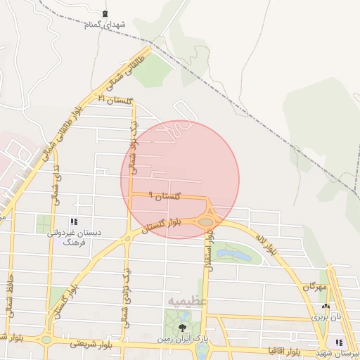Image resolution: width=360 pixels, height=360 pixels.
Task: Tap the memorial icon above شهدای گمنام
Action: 105,13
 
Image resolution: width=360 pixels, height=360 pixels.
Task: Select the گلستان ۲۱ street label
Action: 115,100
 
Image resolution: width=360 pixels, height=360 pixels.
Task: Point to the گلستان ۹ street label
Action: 165,196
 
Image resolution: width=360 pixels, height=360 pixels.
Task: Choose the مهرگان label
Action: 316,287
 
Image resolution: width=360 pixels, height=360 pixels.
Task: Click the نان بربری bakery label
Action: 326,318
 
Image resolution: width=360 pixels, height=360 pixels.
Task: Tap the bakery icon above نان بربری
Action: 325,307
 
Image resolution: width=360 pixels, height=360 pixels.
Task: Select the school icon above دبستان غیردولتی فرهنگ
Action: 74,222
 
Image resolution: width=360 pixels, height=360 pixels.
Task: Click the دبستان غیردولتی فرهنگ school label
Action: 74,237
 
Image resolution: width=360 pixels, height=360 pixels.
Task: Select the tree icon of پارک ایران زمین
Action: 184,328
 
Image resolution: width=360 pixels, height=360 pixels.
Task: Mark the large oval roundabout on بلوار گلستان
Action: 205,222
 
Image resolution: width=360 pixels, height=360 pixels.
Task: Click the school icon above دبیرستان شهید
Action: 339,342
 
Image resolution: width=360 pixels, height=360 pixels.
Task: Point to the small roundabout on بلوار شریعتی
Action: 46,340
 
